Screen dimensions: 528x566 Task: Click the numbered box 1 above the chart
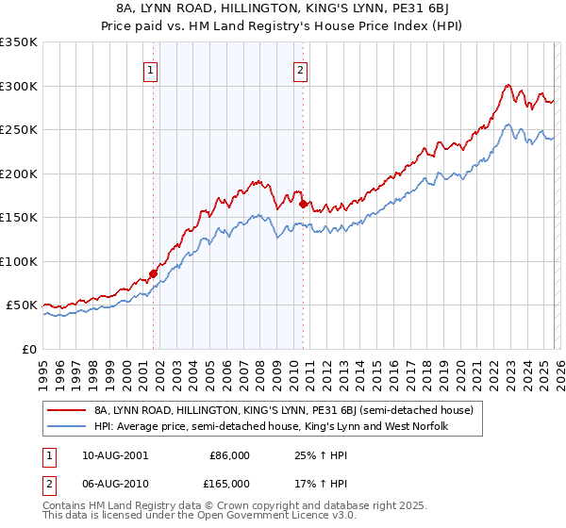(x=152, y=69)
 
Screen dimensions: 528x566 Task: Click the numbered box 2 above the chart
(x=301, y=69)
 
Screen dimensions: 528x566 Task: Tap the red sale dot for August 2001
(x=153, y=273)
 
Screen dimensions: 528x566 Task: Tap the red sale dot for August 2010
(x=303, y=204)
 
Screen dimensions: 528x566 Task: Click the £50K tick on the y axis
(x=22, y=305)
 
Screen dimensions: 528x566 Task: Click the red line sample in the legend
(x=66, y=410)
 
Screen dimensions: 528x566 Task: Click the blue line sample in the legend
(x=66, y=427)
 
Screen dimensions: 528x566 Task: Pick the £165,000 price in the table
(x=226, y=483)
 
